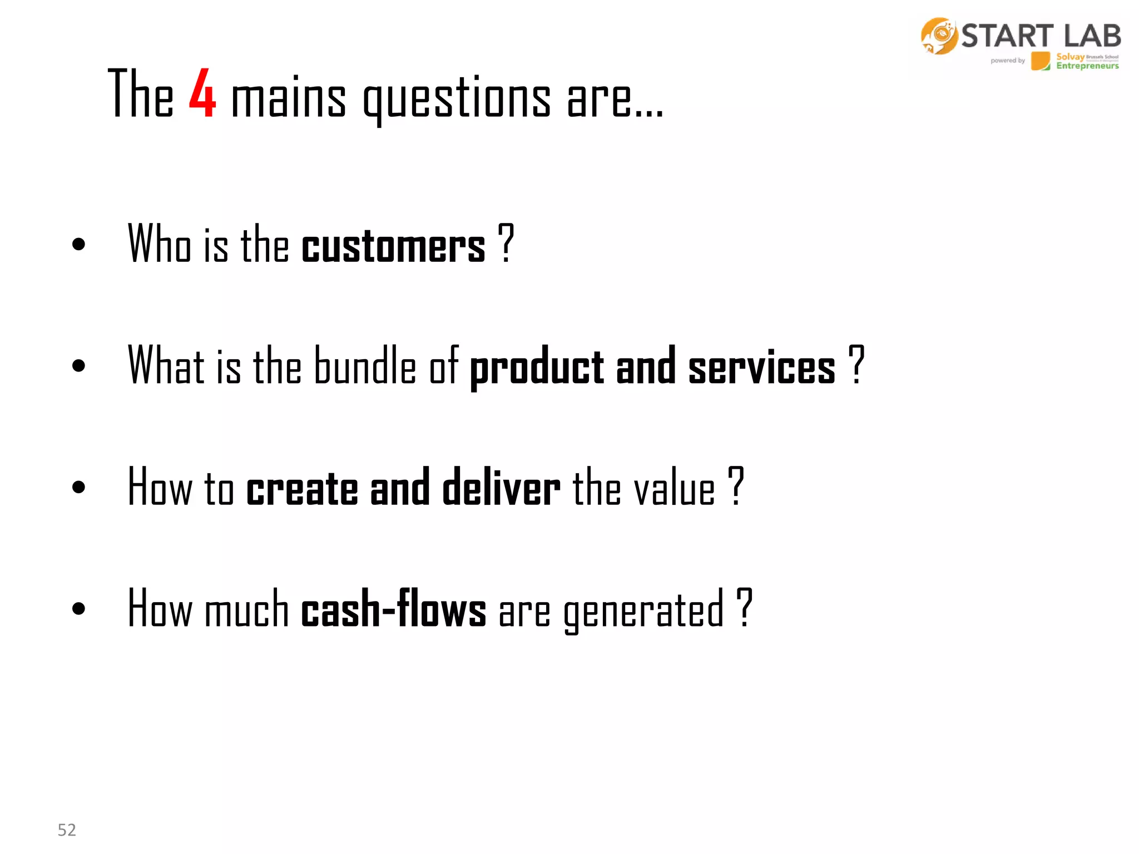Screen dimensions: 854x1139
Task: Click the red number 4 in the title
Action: tap(202, 93)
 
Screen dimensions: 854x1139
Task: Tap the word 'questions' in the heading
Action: tap(457, 98)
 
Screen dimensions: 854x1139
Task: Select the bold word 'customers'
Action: tap(393, 245)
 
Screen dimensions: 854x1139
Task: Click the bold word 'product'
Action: tap(537, 368)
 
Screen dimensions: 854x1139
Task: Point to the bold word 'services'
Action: tap(761, 368)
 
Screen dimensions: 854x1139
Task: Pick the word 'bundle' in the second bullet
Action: tap(365, 365)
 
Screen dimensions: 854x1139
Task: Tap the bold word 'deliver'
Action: tap(501, 488)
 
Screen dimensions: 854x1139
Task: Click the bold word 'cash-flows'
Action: tap(393, 609)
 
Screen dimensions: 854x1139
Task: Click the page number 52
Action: tap(67, 830)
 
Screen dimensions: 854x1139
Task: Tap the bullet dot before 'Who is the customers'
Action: tap(78, 244)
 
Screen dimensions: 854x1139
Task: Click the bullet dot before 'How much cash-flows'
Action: tap(78, 608)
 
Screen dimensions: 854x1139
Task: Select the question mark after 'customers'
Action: tap(505, 244)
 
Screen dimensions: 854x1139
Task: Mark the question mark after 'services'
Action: tap(856, 365)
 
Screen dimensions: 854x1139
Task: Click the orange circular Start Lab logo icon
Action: tap(939, 36)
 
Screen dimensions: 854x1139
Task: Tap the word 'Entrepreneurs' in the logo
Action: tap(1087, 66)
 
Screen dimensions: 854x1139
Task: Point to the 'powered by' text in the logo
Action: tap(1007, 61)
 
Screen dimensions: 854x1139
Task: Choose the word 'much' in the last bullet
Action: tap(246, 609)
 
